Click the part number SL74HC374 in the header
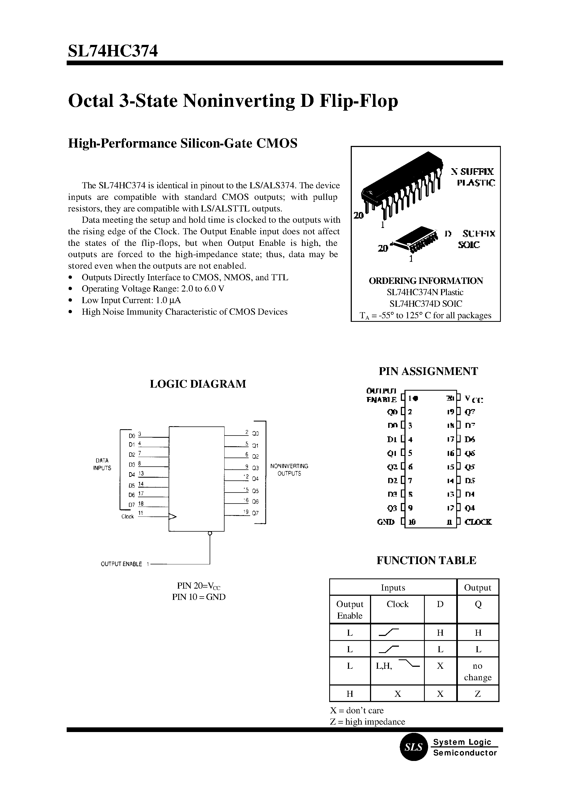[113, 51]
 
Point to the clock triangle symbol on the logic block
[172, 516]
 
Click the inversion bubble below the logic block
[210, 534]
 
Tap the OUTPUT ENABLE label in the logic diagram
[121, 564]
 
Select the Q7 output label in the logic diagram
[255, 513]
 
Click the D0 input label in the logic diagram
[132, 436]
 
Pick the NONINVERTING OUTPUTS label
[289, 470]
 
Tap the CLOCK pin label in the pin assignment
[478, 522]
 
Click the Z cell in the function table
[478, 694]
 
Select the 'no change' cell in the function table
[478, 671]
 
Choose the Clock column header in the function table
[397, 604]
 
